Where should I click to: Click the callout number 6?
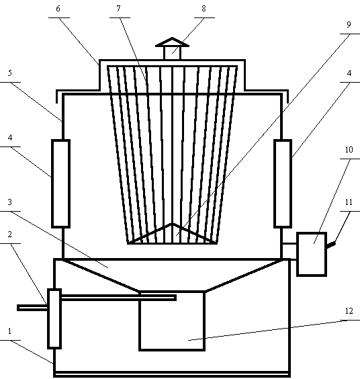[x=58, y=9]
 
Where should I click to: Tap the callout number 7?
[x=118, y=9]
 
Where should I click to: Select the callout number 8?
[x=204, y=9]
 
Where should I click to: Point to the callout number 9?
[x=349, y=25]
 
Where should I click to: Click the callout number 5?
[x=9, y=73]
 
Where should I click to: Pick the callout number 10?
[x=349, y=150]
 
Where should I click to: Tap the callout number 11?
[x=349, y=202]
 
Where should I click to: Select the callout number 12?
[x=349, y=311]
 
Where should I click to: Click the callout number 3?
[x=9, y=202]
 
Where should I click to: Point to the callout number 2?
[x=9, y=235]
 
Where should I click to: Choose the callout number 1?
[x=9, y=331]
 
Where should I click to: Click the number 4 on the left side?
[x=9, y=138]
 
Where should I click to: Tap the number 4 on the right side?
[x=349, y=73]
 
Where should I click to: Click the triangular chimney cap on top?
[x=172, y=42]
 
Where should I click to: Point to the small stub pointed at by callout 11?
[x=331, y=245]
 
